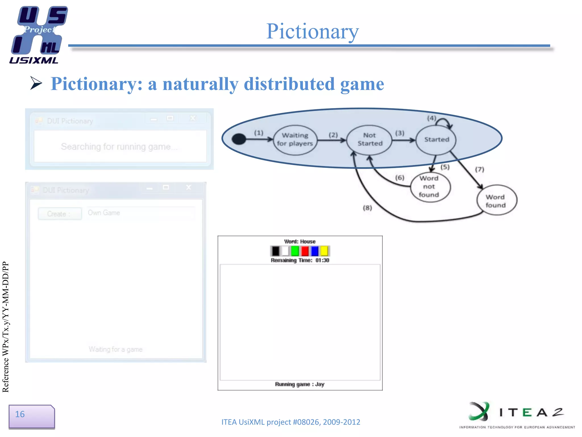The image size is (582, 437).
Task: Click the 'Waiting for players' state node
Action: point(295,140)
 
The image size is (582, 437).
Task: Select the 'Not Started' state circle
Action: point(369,140)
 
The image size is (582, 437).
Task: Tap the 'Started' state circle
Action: point(436,140)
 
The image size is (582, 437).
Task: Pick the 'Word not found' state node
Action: point(430,187)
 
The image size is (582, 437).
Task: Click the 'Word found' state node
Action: point(496,201)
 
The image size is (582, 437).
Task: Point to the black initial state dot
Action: point(239,139)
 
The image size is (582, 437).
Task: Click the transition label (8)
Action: point(367,208)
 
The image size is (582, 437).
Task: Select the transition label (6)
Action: point(400,178)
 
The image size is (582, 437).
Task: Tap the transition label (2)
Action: point(333,135)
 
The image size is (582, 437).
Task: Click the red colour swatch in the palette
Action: point(305,251)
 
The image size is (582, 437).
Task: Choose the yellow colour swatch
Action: point(324,251)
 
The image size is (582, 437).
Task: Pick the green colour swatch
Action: point(295,251)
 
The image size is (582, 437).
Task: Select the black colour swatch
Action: point(275,251)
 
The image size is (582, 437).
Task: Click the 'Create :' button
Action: point(60,214)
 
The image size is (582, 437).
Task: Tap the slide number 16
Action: point(20,414)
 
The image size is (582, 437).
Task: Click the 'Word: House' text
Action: point(300,242)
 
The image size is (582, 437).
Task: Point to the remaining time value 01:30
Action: point(322,260)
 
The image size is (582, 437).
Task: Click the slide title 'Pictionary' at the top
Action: point(313,31)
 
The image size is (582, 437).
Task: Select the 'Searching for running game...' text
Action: point(119,147)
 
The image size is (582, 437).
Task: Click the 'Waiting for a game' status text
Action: point(115,349)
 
